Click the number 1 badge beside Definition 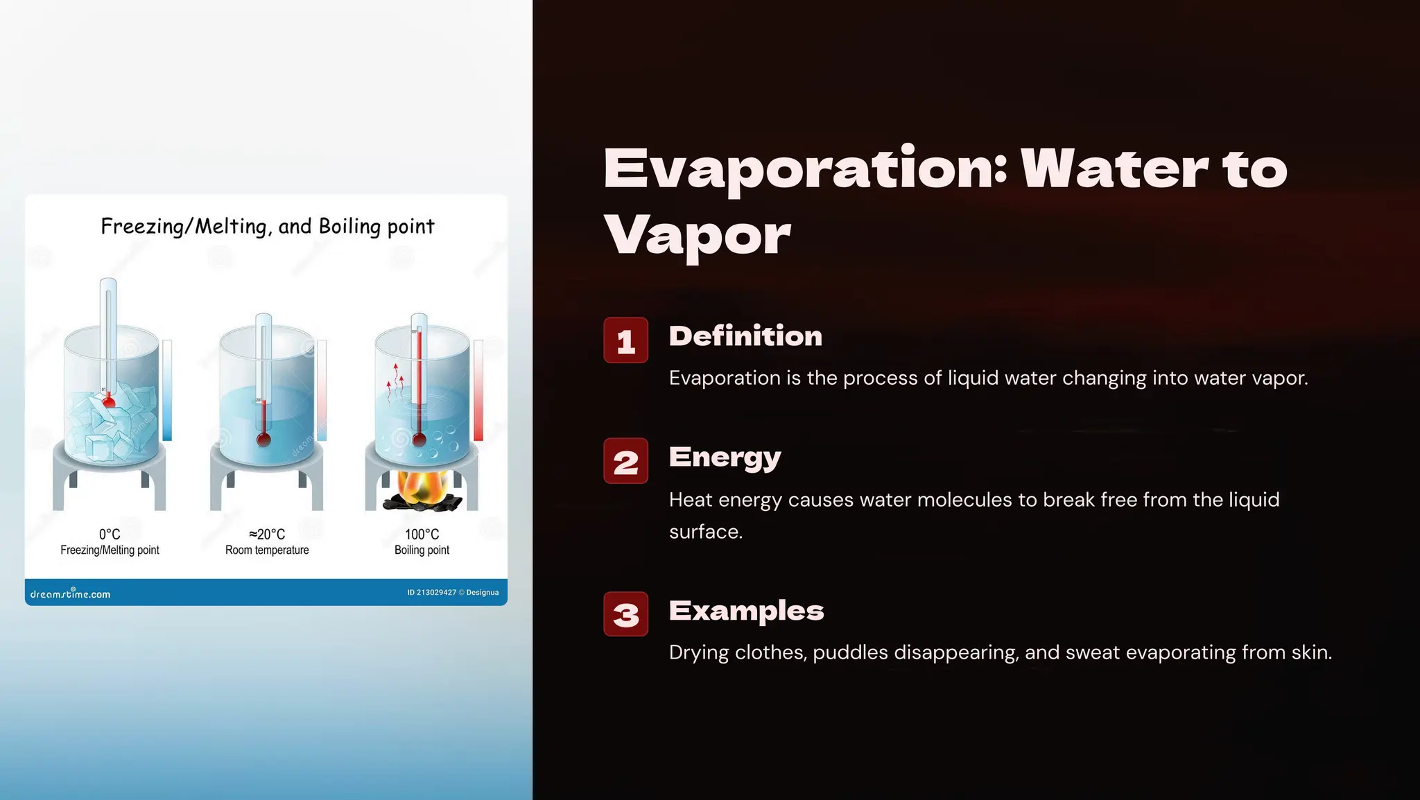click(625, 340)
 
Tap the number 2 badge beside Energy click(625, 461)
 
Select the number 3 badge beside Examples click(625, 614)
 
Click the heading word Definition click(745, 336)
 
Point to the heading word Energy click(725, 458)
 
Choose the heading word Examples click(746, 611)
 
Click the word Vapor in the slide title click(697, 236)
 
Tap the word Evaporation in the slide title click(805, 169)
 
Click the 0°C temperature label click(110, 534)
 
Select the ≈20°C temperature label click(267, 534)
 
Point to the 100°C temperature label click(422, 534)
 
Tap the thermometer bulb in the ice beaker click(109, 402)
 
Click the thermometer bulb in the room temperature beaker click(263, 439)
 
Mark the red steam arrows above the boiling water click(395, 381)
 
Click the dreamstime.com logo click(70, 593)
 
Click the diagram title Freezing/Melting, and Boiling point click(267, 227)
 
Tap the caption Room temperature click(267, 550)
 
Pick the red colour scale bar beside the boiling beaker click(478, 390)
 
